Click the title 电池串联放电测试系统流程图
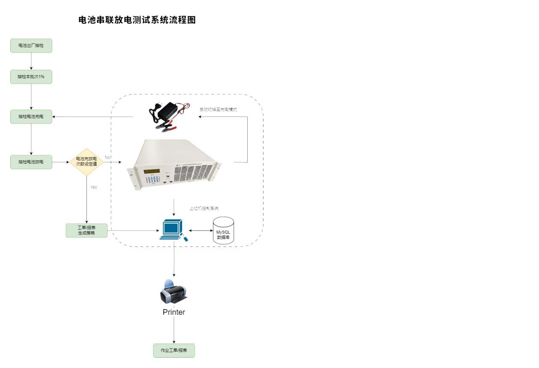(137, 20)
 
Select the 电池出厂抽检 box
(31, 46)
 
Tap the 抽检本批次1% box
(31, 77)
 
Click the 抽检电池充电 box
(31, 116)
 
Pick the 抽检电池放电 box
(31, 162)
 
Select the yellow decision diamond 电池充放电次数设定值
(86, 162)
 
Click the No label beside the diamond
(107, 157)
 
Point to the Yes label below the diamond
(93, 187)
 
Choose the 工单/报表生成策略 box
(86, 231)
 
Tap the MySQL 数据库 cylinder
(223, 231)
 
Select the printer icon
(173, 291)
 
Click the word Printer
(174, 312)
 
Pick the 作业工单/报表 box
(174, 350)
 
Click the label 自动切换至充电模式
(218, 110)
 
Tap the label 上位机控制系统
(204, 208)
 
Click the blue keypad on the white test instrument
(152, 180)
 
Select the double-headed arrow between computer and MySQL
(200, 231)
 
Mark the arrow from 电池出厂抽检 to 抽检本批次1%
(31, 61)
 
